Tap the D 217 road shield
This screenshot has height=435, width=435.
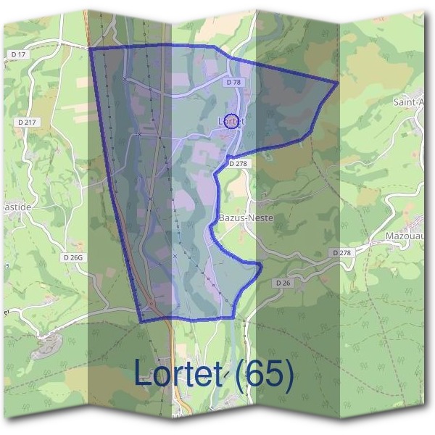[x=25, y=123]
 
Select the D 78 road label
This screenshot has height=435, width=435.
[x=233, y=83]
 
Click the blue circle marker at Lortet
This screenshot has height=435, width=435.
[x=231, y=120]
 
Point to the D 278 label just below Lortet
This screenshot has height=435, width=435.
[x=239, y=164]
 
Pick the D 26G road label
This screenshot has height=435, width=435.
[x=74, y=257]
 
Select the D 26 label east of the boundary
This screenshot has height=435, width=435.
[x=283, y=283]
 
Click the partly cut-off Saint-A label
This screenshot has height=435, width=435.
[x=409, y=102]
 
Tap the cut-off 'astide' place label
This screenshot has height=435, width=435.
[x=16, y=206]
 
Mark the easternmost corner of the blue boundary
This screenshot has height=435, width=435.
[x=338, y=83]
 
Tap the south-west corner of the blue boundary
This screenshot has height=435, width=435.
[x=140, y=320]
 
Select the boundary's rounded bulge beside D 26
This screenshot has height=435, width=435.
[x=258, y=268]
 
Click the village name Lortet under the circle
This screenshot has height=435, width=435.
[x=231, y=122]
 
